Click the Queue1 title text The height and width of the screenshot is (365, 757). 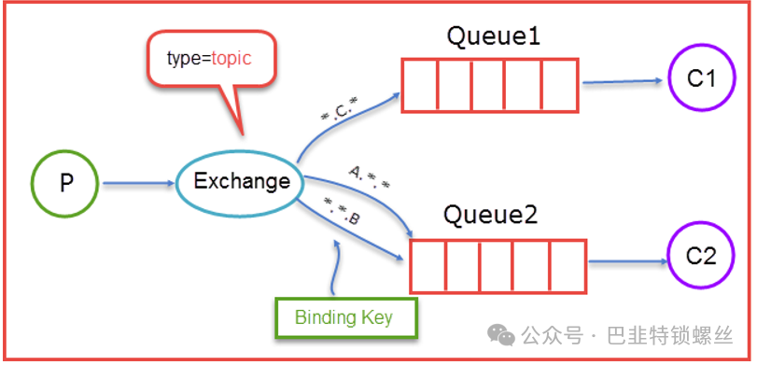click(493, 37)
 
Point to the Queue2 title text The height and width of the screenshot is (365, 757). click(490, 216)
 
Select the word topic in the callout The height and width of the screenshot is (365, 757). click(231, 59)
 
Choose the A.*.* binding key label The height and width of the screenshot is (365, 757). click(368, 178)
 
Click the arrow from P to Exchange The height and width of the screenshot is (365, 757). click(138, 184)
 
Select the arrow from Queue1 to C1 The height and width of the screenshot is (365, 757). click(623, 81)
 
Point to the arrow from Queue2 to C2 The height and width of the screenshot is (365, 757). click(628, 261)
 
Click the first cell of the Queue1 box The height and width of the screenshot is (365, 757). click(420, 86)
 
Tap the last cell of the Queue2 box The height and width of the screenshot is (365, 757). click(568, 266)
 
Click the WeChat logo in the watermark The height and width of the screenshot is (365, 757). click(500, 334)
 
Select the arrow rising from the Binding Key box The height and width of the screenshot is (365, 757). click(334, 267)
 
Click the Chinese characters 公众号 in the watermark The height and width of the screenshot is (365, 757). click(552, 335)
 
